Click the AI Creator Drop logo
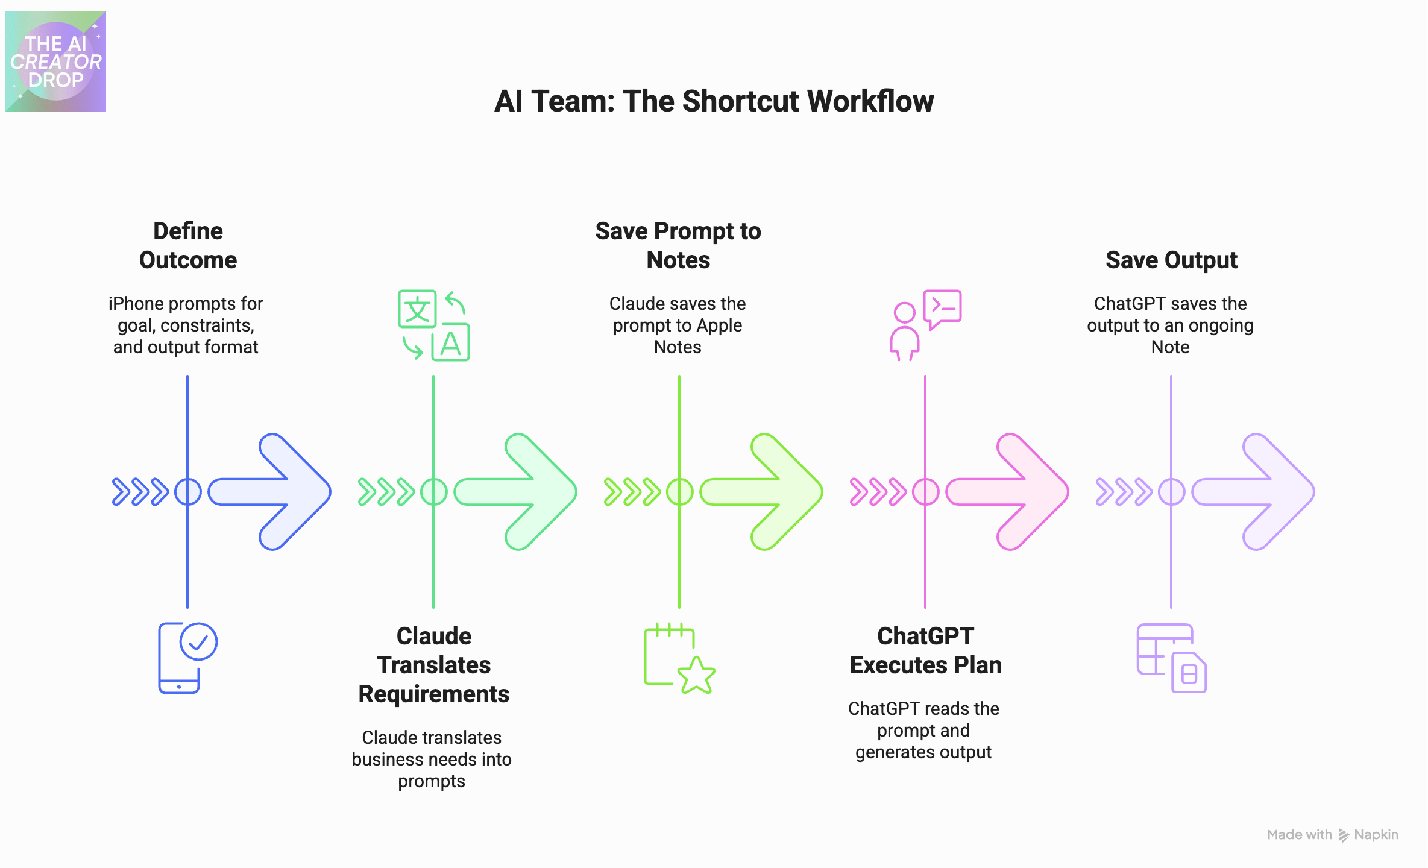point(55,61)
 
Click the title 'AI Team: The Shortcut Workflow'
point(714,101)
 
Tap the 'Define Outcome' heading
point(187,245)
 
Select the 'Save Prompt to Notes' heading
point(678,245)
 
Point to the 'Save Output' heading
point(1171,260)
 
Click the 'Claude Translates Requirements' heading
point(433,665)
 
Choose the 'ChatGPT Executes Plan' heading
point(925,650)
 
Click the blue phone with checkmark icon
point(187,658)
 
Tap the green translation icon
point(433,325)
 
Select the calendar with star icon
point(679,658)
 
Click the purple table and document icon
point(1171,658)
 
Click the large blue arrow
point(271,492)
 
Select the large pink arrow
point(1008,492)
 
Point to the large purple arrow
point(1254,492)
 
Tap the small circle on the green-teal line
point(433,492)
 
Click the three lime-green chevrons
point(632,492)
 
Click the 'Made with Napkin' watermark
point(1332,835)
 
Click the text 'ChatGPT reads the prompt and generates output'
point(923,730)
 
